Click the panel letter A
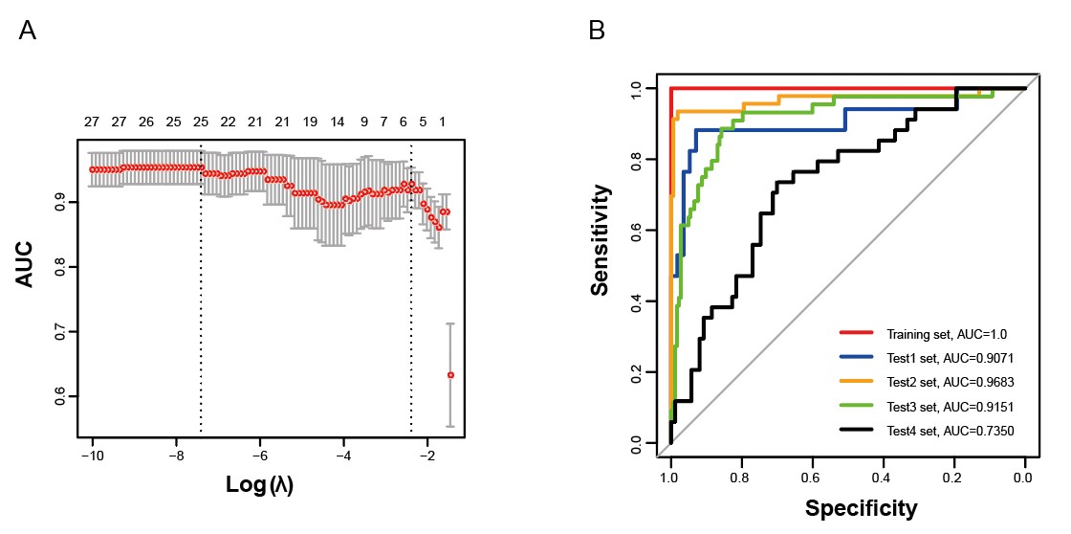28,31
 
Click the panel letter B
597,31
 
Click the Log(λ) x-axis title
259,484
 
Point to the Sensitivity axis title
600,240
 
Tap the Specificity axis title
861,507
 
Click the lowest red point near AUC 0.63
450,375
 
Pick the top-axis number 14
337,122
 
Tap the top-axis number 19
310,122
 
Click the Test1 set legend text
950,358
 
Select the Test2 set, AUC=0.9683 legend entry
950,382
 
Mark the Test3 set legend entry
950,407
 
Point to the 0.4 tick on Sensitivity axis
636,301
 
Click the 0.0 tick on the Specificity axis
1024,476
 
